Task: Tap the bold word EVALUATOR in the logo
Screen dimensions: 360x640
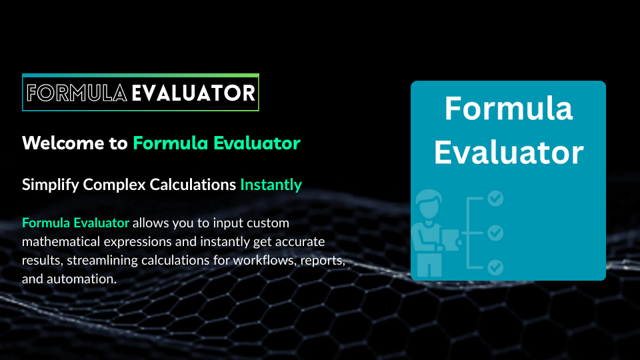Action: [x=193, y=93]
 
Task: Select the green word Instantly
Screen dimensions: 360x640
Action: [x=271, y=185]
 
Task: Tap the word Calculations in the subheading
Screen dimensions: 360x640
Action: [x=188, y=185]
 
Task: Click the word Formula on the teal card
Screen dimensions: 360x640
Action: [x=508, y=109]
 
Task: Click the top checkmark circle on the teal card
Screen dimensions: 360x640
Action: [x=495, y=198]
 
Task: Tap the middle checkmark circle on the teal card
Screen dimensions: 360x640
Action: [x=495, y=233]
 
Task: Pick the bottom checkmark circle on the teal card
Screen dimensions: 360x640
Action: [x=495, y=267]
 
